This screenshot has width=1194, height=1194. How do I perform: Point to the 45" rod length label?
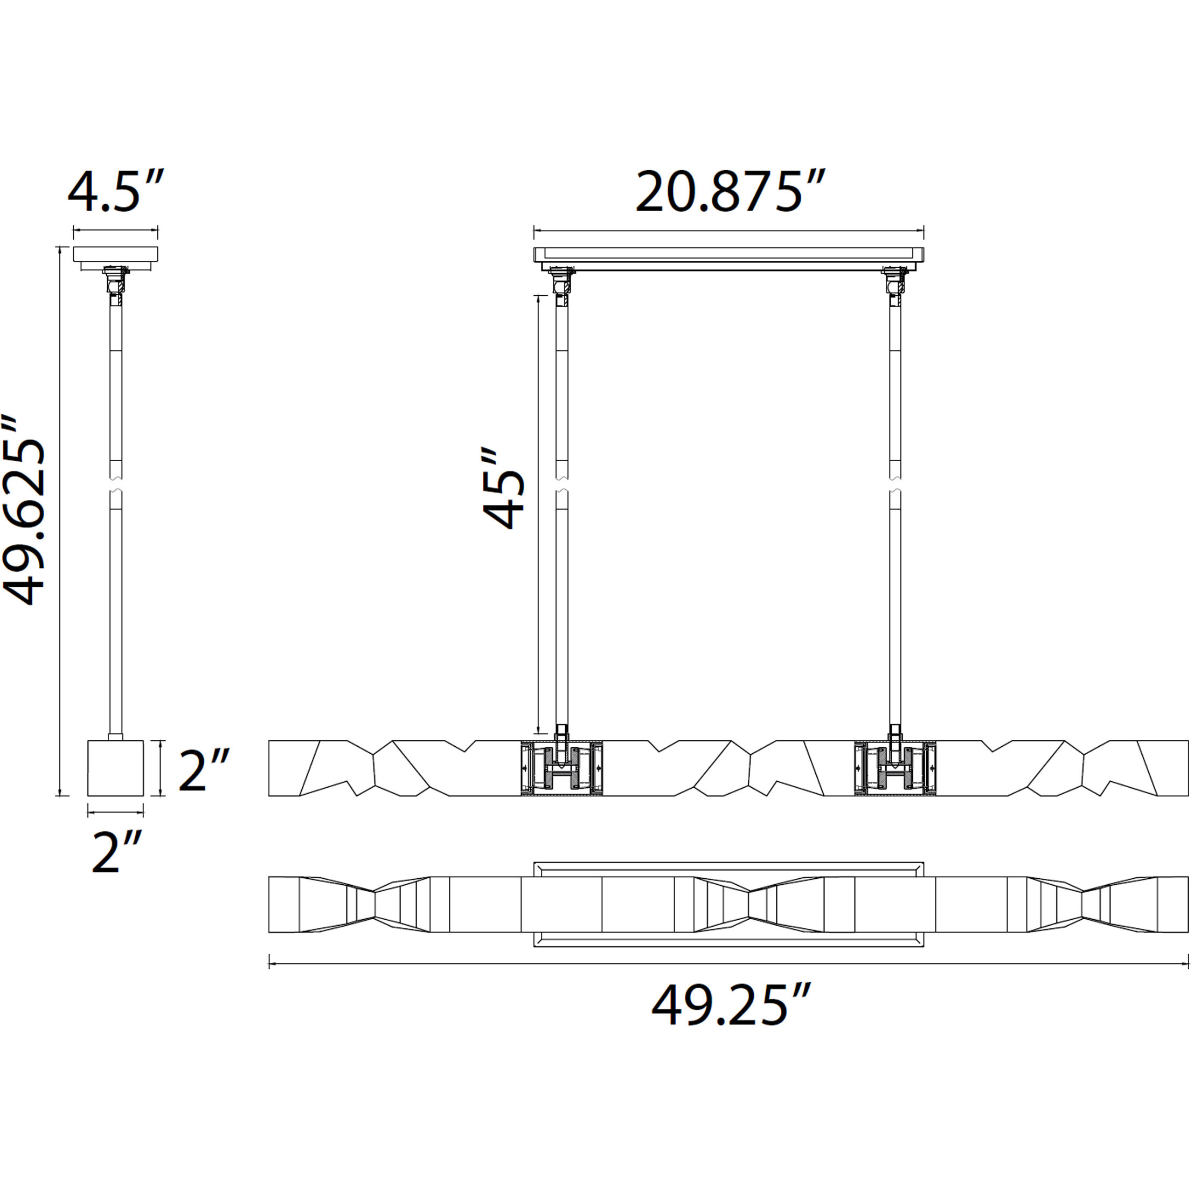point(503,488)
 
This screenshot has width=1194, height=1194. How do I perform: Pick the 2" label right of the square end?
point(204,769)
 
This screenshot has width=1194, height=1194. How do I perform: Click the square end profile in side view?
point(115,768)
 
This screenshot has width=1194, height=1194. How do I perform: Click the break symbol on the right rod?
point(895,485)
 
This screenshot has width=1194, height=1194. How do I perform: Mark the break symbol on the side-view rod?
point(115,485)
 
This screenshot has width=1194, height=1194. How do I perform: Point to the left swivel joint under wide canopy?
point(561,281)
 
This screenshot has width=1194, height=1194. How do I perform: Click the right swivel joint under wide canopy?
point(894,281)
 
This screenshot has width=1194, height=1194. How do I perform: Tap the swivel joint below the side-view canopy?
point(115,281)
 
